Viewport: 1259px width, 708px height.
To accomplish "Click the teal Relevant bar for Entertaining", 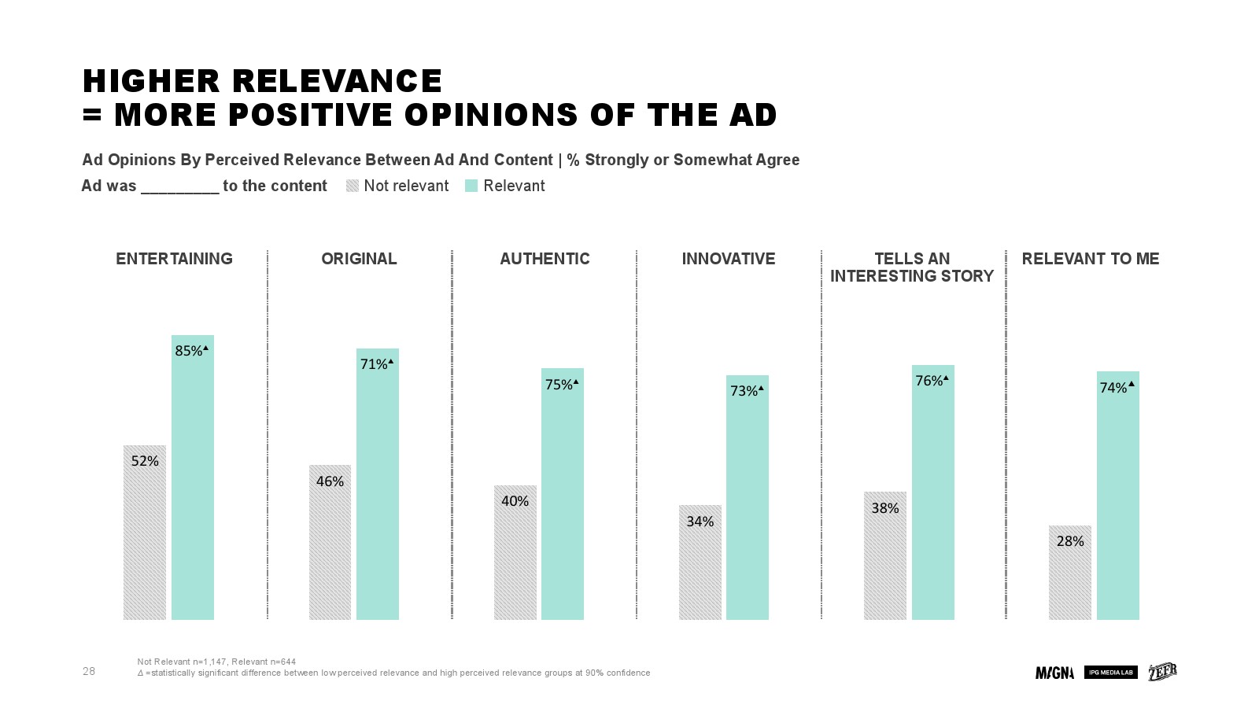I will click(193, 488).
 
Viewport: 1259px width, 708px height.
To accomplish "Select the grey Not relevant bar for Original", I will click(330, 551).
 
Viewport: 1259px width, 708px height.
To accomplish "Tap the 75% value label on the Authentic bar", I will click(559, 385).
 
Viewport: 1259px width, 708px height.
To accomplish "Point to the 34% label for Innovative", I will click(700, 522).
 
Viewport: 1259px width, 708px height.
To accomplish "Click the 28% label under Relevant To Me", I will click(1070, 541).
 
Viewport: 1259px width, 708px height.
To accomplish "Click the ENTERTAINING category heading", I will click(174, 259).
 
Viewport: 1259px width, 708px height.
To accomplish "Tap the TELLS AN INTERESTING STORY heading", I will click(912, 267).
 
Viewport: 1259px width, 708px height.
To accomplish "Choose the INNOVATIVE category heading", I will click(728, 259).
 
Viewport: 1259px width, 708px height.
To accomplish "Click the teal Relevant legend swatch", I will click(471, 186).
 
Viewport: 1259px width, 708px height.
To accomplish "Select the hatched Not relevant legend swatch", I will click(353, 186).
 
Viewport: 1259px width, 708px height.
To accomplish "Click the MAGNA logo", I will click(1054, 673).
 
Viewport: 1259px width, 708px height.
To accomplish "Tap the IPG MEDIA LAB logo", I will click(1110, 673).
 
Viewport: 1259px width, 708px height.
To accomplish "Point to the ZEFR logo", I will click(1162, 672).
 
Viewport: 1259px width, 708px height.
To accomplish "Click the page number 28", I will click(89, 671).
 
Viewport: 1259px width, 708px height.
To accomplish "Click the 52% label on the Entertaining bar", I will click(145, 461).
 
